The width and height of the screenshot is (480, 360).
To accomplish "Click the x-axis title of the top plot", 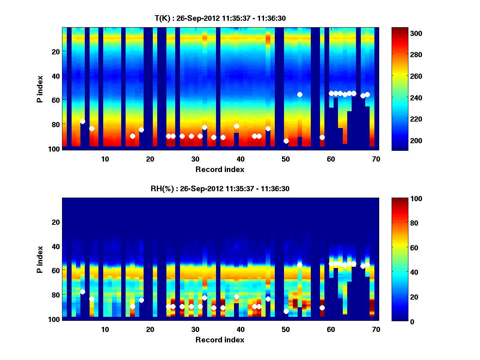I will click(x=220, y=169).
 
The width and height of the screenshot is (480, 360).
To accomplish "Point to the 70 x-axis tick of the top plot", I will click(x=376, y=159).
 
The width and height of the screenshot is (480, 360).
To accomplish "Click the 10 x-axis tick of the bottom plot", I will click(x=105, y=329).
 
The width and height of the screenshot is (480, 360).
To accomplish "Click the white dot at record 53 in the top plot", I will click(x=300, y=94).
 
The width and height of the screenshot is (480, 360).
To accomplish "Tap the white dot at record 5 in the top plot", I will click(x=82, y=121).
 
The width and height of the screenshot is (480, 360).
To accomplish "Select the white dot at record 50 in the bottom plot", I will click(x=286, y=311).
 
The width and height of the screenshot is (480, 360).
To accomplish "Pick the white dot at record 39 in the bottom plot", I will click(x=236, y=296).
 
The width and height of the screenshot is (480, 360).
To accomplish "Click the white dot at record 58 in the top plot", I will click(x=322, y=137).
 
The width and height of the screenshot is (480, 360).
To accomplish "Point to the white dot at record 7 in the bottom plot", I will click(x=92, y=299).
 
